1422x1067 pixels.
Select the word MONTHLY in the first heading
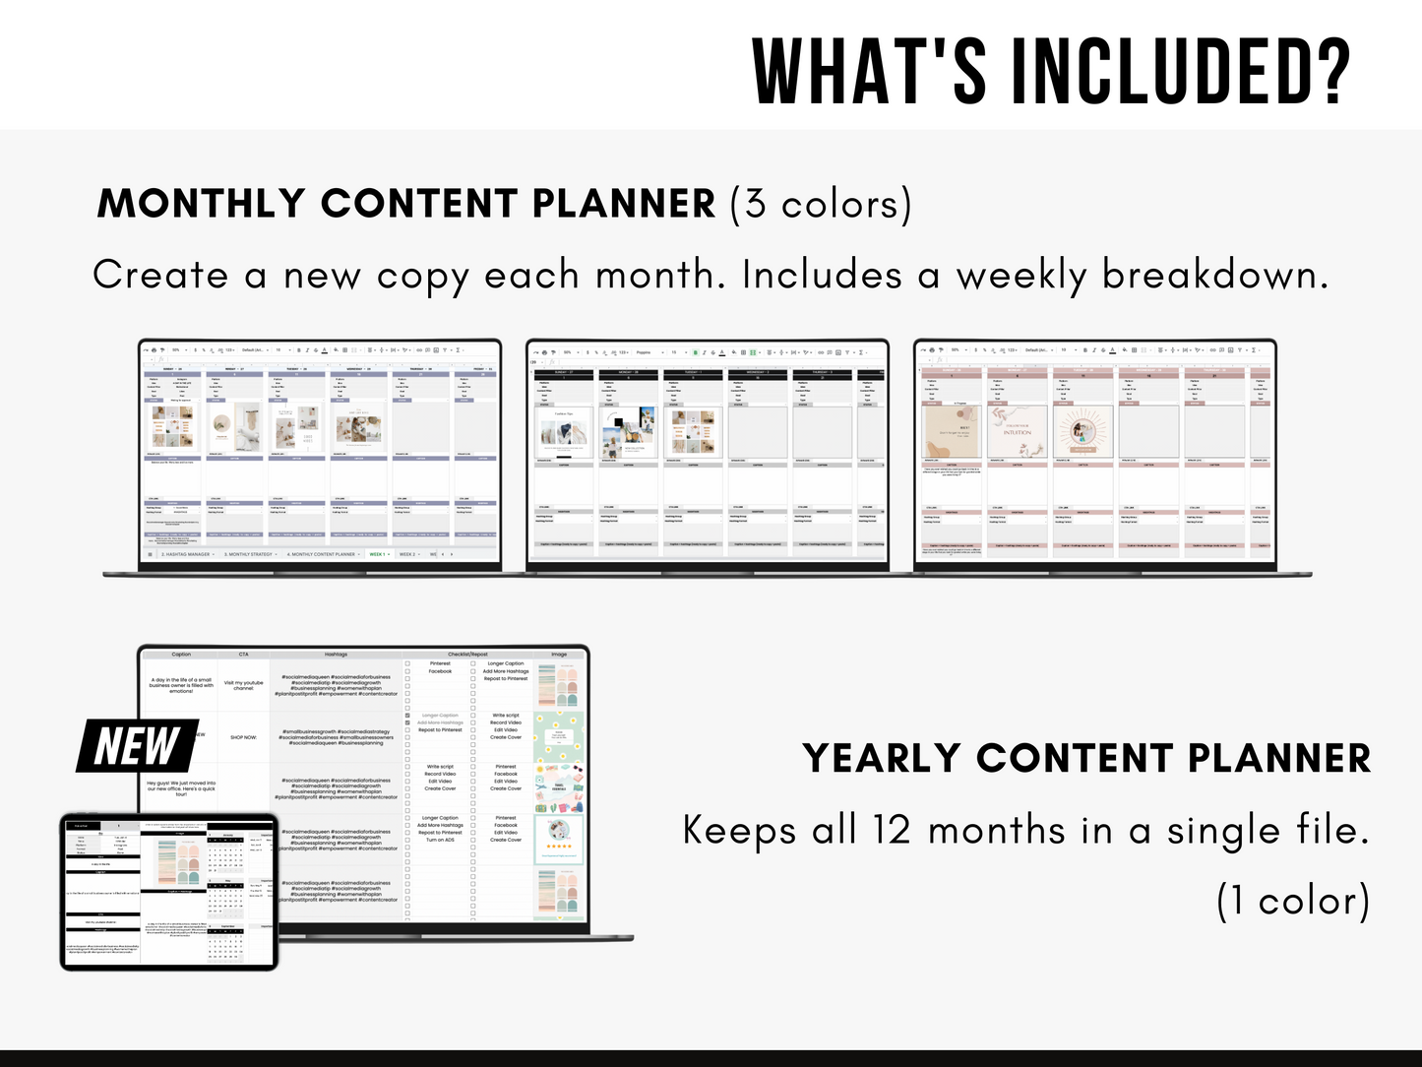[x=202, y=204]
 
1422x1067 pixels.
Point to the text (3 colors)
[x=821, y=204]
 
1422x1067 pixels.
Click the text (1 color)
[x=1293, y=901]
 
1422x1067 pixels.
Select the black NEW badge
[x=137, y=746]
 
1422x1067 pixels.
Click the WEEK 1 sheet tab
[x=377, y=554]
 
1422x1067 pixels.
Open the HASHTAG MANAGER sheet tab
[x=186, y=554]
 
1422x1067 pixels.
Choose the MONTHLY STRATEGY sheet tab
[x=249, y=554]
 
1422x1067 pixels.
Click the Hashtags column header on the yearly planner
[x=336, y=654]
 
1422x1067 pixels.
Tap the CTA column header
[x=243, y=654]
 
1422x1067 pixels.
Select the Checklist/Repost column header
[x=467, y=654]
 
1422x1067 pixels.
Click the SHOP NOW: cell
[x=243, y=737]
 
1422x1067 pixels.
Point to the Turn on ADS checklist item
[x=440, y=840]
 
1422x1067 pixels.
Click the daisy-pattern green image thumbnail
[x=558, y=737]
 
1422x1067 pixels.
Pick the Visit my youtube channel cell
[x=243, y=685]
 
